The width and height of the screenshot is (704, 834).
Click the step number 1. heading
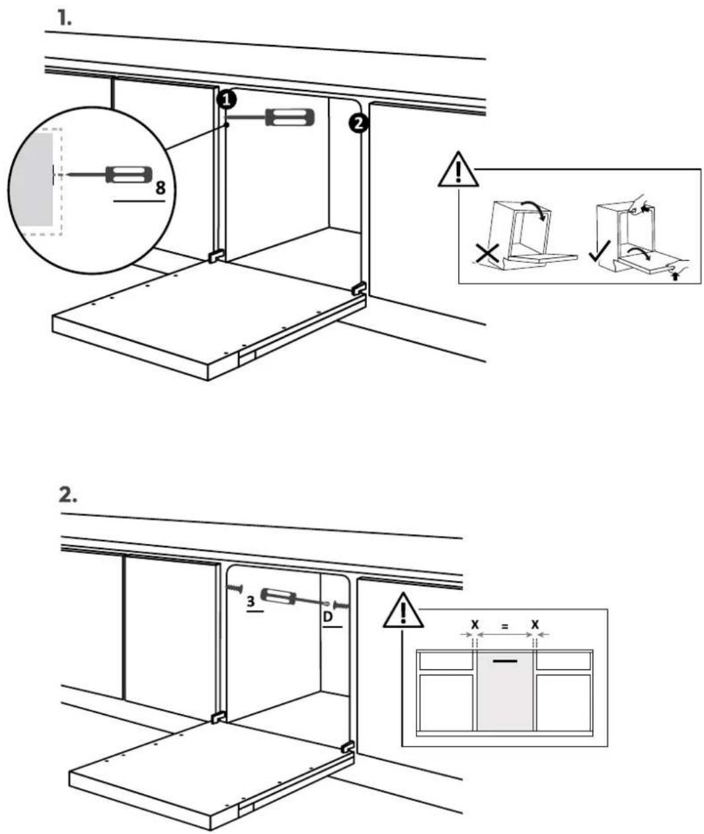[64, 19]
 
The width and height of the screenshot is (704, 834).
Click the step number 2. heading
[67, 496]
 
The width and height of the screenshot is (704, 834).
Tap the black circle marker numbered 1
[227, 100]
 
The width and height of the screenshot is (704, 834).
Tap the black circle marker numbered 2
[358, 123]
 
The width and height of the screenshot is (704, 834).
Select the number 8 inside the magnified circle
[160, 188]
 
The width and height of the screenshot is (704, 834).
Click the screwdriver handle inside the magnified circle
[129, 174]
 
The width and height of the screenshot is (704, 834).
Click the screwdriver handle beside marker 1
[290, 118]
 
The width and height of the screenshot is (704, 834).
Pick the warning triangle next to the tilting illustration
[458, 169]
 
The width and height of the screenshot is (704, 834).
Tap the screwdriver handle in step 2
[278, 596]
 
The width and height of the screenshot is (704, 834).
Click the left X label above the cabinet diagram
[475, 624]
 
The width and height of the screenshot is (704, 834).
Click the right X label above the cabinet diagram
[535, 624]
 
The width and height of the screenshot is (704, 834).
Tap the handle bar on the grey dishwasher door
[505, 661]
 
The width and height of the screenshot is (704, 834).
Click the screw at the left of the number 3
[235, 588]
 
